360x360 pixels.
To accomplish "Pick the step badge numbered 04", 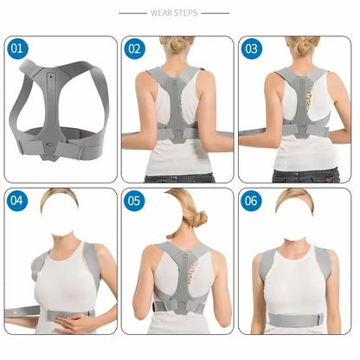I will pos(18,202).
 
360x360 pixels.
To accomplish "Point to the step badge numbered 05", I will pos(134,202).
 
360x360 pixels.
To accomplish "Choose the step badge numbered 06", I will pos(252,202).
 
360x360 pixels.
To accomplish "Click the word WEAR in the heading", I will pos(164,14).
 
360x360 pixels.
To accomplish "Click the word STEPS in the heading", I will pos(189,14).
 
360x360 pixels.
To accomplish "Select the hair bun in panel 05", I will pos(199,218).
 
